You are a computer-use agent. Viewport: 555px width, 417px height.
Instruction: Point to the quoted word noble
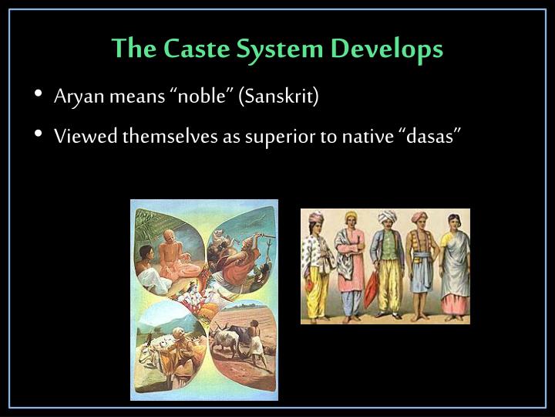pos(203,97)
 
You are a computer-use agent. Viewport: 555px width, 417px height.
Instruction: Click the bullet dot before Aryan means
pos(39,97)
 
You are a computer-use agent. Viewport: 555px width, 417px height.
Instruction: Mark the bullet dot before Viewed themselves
pos(39,136)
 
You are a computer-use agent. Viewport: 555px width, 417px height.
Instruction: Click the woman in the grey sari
pos(455,263)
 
